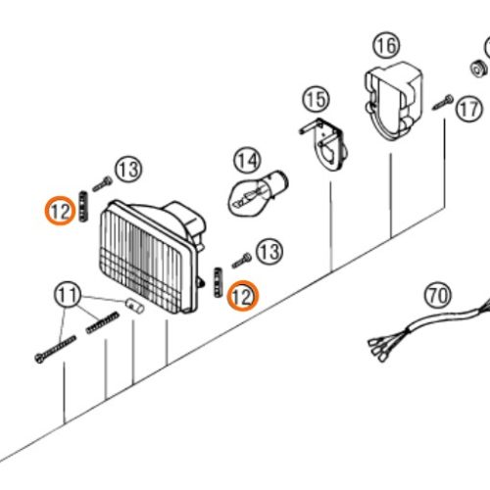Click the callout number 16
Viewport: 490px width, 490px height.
tap(386, 45)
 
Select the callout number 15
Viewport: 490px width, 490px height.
tap(316, 99)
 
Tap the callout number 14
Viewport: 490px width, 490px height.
tap(247, 160)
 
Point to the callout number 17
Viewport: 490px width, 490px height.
tap(469, 109)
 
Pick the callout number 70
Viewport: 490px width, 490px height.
tap(438, 295)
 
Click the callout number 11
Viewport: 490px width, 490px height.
tap(68, 295)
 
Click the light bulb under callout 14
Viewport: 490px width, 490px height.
tap(258, 193)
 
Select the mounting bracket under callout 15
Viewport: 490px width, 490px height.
tap(322, 144)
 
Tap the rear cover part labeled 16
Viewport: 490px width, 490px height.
tap(394, 101)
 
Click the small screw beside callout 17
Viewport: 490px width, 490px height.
tap(443, 102)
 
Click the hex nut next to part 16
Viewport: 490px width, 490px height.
tap(479, 68)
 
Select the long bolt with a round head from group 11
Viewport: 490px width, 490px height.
tap(55, 350)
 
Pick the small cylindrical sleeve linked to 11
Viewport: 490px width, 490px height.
tap(135, 306)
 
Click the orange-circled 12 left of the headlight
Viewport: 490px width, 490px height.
tap(60, 211)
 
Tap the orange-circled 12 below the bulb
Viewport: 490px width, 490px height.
tap(243, 296)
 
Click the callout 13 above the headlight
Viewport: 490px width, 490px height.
tap(128, 170)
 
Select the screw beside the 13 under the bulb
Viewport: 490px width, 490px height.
tap(242, 261)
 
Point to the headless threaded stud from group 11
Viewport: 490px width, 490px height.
tap(103, 322)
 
